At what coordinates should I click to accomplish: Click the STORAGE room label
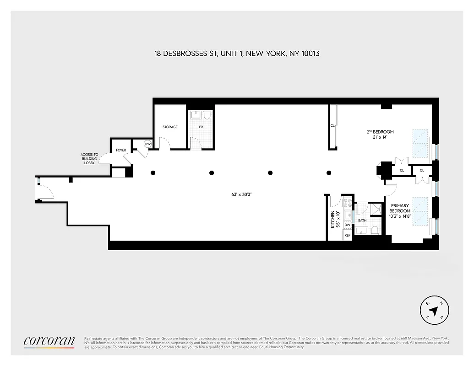point(170,127)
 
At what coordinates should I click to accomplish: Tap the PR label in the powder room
point(200,127)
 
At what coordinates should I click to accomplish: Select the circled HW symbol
point(147,144)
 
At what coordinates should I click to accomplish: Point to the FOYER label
point(121,150)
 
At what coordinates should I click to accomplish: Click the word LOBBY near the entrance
point(90,163)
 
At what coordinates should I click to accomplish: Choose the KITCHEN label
point(333,219)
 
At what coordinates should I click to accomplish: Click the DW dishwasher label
point(347,225)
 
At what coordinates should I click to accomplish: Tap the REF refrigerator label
point(347,235)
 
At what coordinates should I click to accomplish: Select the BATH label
point(362,221)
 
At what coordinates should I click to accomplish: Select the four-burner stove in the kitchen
point(348,203)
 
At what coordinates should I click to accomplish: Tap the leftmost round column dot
point(153,173)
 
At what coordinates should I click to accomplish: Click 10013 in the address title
point(310,54)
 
